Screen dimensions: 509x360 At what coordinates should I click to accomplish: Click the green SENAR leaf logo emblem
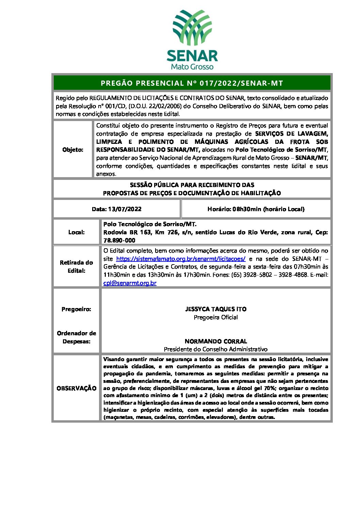(192, 28)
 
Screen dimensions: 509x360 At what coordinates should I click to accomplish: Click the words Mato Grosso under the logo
(192, 66)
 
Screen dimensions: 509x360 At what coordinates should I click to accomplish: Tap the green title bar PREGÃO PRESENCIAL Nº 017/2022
(192, 83)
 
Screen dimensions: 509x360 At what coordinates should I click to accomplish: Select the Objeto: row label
(73, 150)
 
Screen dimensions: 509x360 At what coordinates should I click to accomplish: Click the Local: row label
(76, 232)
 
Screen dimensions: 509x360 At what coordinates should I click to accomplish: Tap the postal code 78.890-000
(119, 240)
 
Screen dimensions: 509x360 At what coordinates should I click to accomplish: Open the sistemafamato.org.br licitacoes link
(181, 259)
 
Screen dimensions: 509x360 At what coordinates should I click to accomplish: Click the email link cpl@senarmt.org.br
(130, 283)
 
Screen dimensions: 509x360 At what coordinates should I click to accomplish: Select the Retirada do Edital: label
(76, 267)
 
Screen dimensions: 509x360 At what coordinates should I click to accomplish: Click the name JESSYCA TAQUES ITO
(216, 309)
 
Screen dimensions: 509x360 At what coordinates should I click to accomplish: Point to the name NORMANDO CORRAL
(216, 341)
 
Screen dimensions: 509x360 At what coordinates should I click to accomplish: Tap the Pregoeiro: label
(76, 309)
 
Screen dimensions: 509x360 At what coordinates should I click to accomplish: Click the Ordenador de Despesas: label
(76, 337)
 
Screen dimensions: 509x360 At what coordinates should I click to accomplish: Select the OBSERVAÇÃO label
(76, 388)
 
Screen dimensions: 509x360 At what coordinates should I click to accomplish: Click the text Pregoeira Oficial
(216, 317)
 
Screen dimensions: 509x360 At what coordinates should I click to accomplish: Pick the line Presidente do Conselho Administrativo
(216, 349)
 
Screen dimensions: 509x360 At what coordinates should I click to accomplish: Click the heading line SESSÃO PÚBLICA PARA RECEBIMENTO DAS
(192, 185)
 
